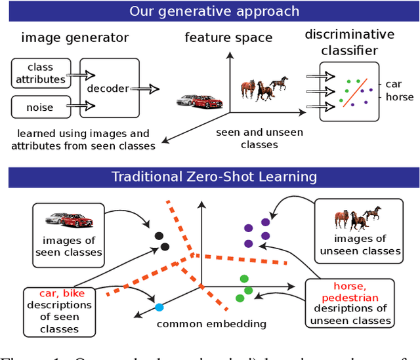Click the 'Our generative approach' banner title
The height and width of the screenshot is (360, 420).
[x=214, y=11]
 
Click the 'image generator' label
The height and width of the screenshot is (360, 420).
[x=75, y=37]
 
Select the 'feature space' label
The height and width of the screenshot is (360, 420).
[x=228, y=37]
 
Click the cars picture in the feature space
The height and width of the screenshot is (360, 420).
[x=199, y=101]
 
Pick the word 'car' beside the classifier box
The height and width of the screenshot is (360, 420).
[x=394, y=85]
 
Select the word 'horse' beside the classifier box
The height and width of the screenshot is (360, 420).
[x=399, y=97]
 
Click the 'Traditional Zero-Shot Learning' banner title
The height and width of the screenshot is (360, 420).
[x=214, y=176]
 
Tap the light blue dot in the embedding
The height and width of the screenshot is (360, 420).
[x=158, y=307]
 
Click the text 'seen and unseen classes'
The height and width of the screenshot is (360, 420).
[x=259, y=138]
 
